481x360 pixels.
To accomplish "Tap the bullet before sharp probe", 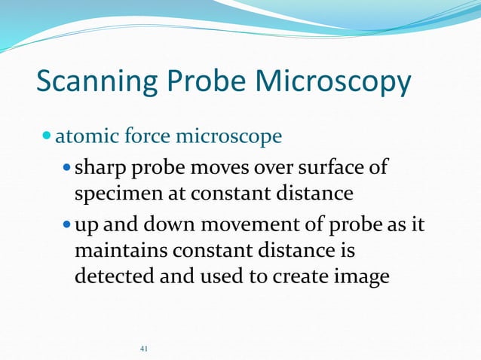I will tap(67, 167).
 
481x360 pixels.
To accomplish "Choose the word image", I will tap(360, 276).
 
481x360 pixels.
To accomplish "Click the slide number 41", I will tap(145, 349).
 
